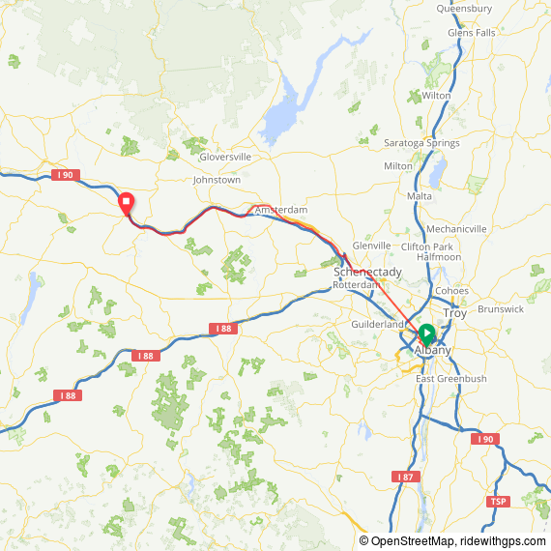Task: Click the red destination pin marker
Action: pos(126,204)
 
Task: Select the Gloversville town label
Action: pos(224,157)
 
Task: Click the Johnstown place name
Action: pos(217,180)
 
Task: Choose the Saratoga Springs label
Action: pos(421,143)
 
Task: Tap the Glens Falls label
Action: pos(471,33)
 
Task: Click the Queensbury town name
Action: pos(464,9)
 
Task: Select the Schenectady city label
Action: pos(367,274)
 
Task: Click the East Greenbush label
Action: pos(451,379)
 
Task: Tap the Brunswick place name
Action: pos(500,309)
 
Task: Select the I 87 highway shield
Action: pos(405,478)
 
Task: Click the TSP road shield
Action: pos(498,501)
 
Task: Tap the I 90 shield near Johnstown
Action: pos(63,175)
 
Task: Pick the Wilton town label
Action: pos(436,96)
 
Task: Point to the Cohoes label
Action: pos(451,291)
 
